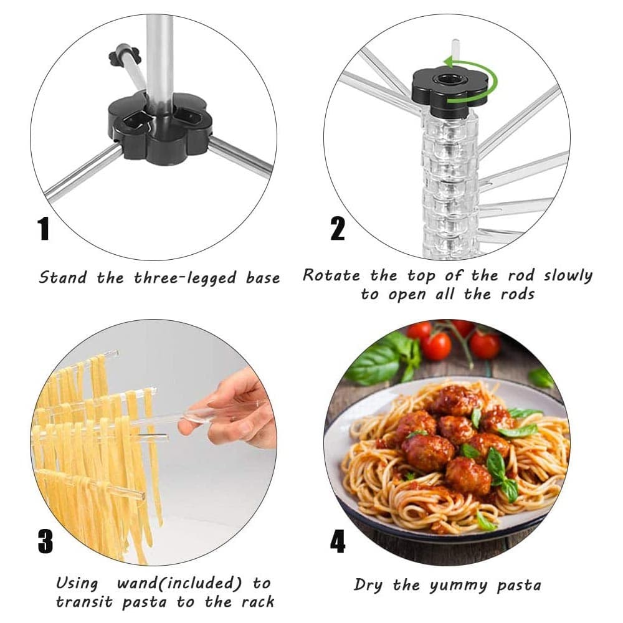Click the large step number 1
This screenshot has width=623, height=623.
[44, 229]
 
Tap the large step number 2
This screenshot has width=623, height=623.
[337, 229]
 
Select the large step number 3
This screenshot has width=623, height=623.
[45, 541]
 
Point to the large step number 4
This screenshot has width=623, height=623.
[338, 541]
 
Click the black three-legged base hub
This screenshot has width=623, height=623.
[158, 127]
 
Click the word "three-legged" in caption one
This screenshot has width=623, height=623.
[185, 278]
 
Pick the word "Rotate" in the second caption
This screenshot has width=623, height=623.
[331, 275]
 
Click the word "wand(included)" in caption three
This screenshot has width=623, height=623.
[179, 583]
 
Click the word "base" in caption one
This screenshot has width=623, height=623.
[263, 277]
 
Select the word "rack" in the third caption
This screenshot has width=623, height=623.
[259, 602]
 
